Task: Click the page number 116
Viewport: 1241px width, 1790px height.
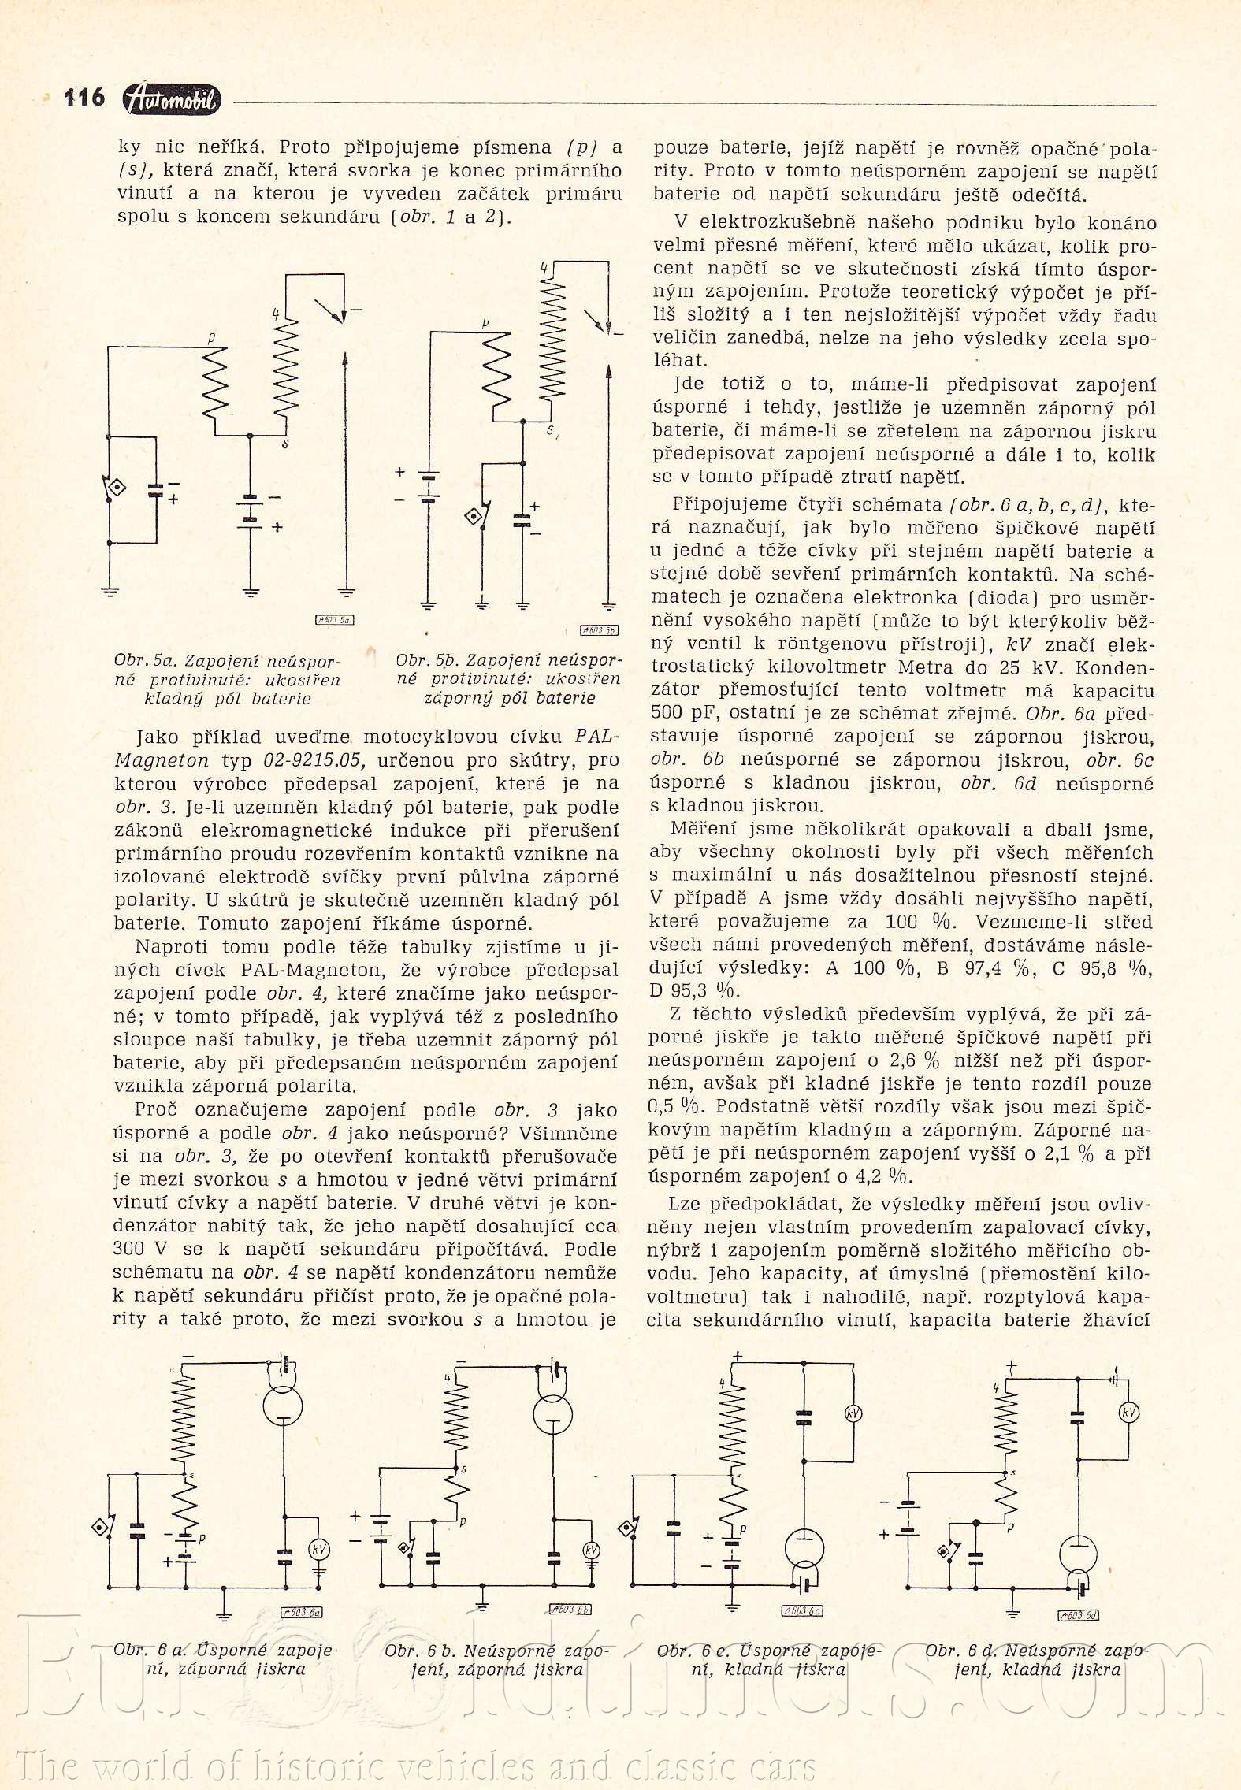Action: pos(84,98)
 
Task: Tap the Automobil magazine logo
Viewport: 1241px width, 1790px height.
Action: pos(173,99)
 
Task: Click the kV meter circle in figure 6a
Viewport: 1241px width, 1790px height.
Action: pos(319,1549)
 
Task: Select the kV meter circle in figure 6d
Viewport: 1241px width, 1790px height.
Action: pos(1129,1413)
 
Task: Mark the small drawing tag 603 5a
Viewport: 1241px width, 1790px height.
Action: pos(335,620)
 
